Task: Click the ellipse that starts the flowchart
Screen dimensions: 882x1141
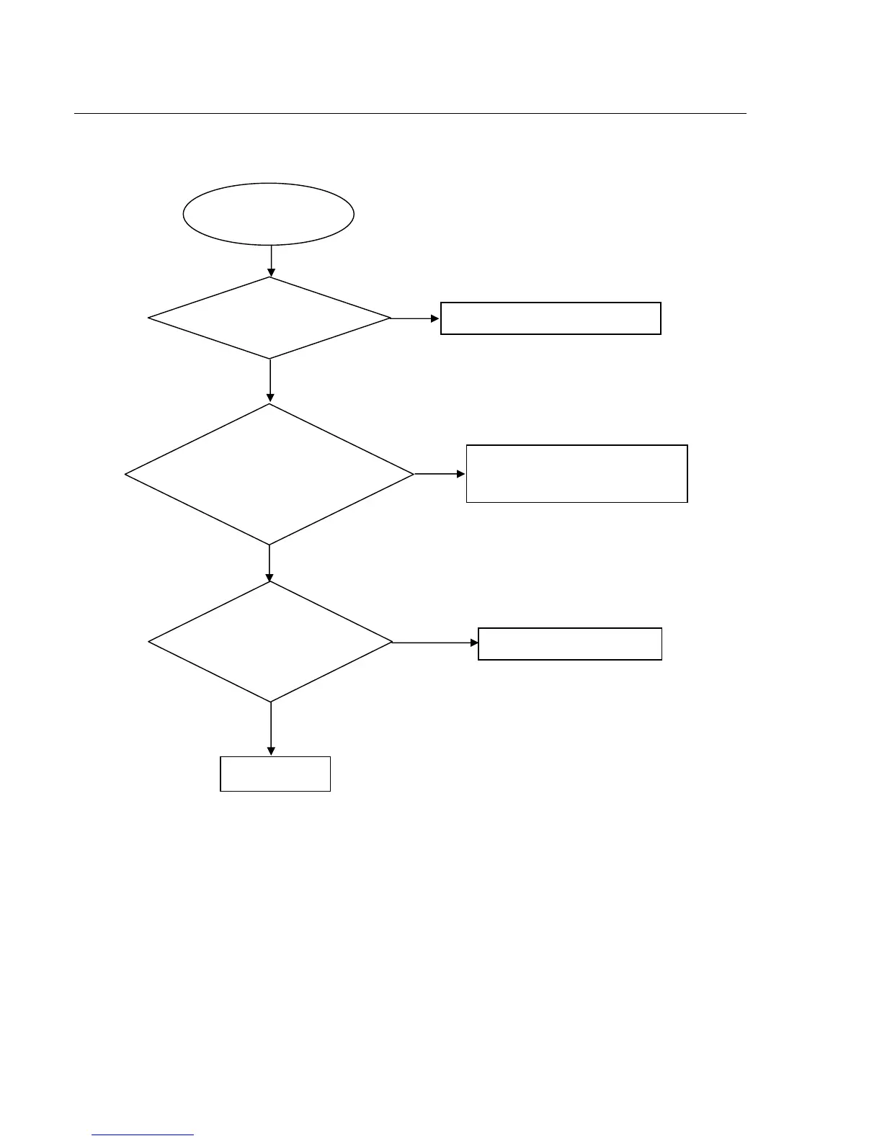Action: pyautogui.click(x=269, y=214)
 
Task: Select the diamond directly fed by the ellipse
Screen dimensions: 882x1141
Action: pyautogui.click(x=269, y=318)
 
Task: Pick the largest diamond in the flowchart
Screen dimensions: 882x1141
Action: pyautogui.click(x=269, y=474)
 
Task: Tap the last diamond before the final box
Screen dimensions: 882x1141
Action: pyautogui.click(x=270, y=642)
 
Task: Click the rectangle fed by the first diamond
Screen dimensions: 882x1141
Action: pyautogui.click(x=551, y=318)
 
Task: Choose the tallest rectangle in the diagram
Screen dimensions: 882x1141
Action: pyautogui.click(x=576, y=473)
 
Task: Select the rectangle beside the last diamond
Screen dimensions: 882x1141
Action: pyautogui.click(x=570, y=643)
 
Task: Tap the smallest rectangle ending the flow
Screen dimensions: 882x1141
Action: pyautogui.click(x=275, y=774)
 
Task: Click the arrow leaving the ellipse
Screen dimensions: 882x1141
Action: pyautogui.click(x=271, y=261)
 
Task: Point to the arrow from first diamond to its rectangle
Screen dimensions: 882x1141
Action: pyautogui.click(x=415, y=318)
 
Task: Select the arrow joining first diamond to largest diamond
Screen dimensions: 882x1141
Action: pyautogui.click(x=270, y=380)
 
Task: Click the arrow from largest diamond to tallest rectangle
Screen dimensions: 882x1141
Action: pyautogui.click(x=440, y=474)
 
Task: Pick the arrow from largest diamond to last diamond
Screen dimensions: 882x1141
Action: pyautogui.click(x=269, y=563)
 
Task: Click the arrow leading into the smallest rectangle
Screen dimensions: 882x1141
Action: pyautogui.click(x=271, y=728)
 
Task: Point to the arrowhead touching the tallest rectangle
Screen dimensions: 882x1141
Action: pyautogui.click(x=462, y=474)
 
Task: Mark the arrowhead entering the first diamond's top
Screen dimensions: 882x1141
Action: pyautogui.click(x=271, y=273)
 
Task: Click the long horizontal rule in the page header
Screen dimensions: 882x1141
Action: pyautogui.click(x=410, y=113)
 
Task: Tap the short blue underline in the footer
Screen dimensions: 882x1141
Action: pyautogui.click(x=143, y=1135)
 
